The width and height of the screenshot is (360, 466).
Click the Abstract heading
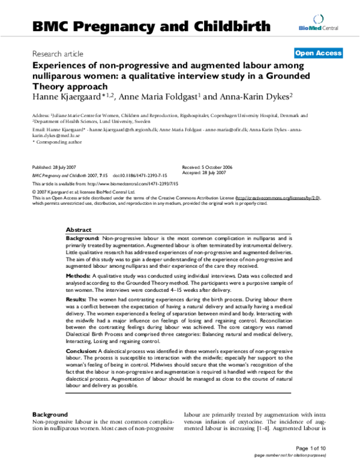[x=79, y=230]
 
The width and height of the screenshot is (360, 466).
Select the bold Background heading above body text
[x=49, y=414]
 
